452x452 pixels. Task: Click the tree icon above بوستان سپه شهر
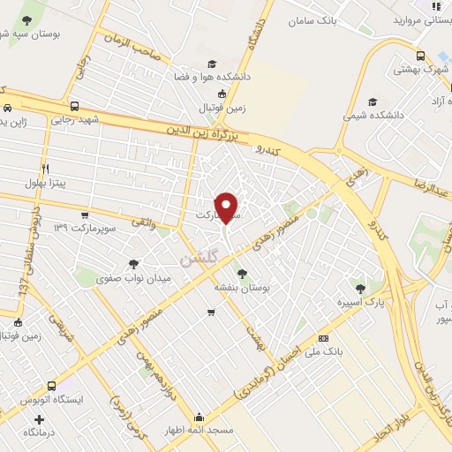(x=29, y=19)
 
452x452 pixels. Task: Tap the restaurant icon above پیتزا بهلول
(x=44, y=168)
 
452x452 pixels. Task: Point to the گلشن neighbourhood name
(x=197, y=259)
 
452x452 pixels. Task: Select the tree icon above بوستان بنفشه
(x=242, y=274)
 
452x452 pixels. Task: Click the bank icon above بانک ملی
(x=323, y=338)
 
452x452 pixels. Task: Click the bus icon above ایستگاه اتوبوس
(x=53, y=387)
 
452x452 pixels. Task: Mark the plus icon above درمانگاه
(x=37, y=418)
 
